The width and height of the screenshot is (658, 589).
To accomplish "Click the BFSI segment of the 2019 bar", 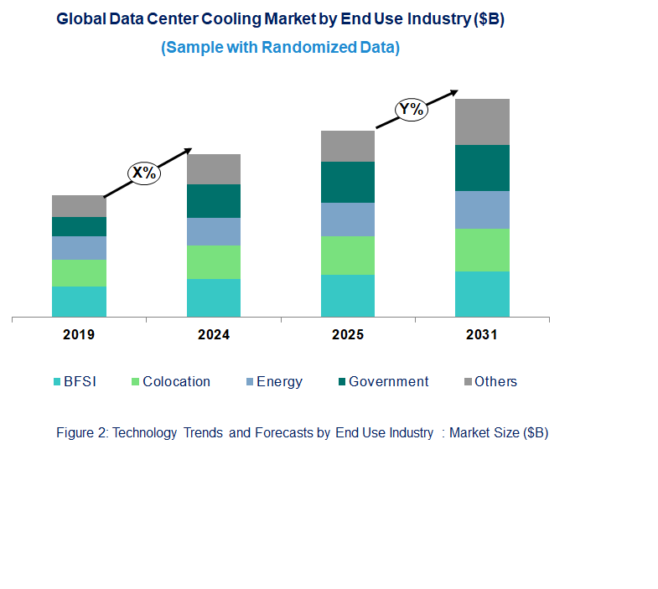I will click(79, 302).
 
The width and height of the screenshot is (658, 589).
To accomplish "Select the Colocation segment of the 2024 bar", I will click(214, 262).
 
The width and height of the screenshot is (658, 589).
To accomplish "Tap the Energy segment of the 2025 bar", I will click(348, 220).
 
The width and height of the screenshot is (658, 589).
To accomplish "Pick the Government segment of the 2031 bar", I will click(482, 168).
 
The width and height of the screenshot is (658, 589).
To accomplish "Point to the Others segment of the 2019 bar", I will click(79, 206).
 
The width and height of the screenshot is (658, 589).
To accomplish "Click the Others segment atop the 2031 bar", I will click(482, 121).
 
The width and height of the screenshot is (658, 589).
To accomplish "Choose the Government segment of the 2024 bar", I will click(214, 201).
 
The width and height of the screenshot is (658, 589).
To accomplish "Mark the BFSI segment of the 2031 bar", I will click(482, 294).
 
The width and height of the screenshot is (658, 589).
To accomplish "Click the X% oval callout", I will click(143, 173).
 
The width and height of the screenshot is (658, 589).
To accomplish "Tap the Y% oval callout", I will click(412, 109).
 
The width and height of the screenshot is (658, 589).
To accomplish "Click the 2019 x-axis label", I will click(79, 335).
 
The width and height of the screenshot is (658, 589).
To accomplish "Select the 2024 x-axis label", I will click(214, 335).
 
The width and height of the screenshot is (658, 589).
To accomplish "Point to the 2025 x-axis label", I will click(348, 335).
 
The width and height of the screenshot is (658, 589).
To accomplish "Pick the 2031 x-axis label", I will click(482, 335).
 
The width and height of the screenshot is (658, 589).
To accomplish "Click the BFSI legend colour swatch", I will click(56, 382).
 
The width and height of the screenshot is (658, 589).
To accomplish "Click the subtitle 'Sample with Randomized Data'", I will click(280, 48).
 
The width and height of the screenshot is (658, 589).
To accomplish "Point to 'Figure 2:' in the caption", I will click(81, 433).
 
